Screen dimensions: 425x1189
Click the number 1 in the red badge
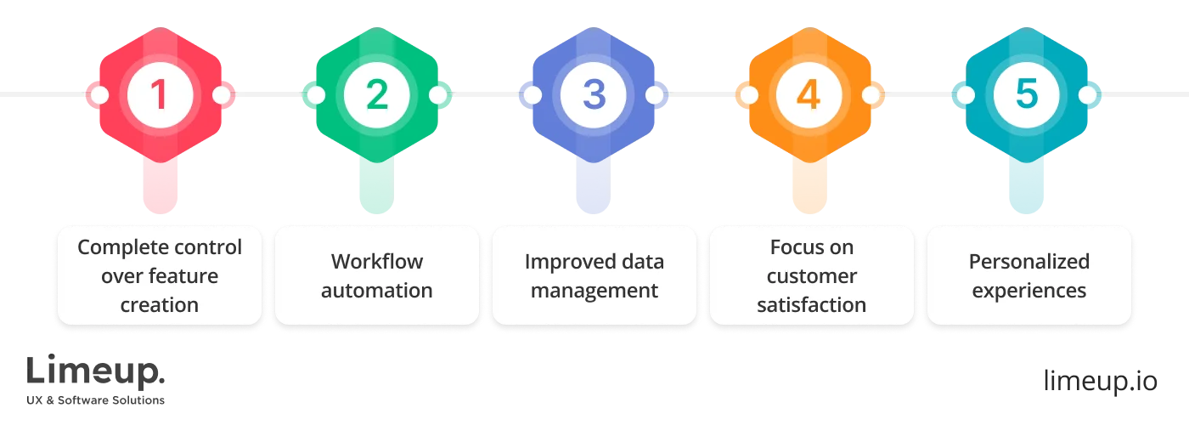[159, 95]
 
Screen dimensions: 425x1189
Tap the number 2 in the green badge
[376, 95]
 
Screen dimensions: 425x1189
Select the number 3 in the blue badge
[594, 95]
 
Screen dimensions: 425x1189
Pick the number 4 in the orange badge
[809, 95]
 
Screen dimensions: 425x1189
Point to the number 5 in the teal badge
[1027, 95]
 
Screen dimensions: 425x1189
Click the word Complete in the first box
[113, 247]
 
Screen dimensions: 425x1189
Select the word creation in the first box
[160, 305]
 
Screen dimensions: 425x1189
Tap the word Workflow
[376, 262]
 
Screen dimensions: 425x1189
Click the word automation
[376, 291]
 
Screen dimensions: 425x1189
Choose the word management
[594, 291]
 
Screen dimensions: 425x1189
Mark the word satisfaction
[811, 305]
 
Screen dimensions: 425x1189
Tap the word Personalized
[1028, 262]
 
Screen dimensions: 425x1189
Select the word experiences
[1028, 291]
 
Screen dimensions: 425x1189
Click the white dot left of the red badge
[99, 95]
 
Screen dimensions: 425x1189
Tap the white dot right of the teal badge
[1088, 95]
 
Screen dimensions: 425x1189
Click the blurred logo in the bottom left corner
[98, 379]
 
